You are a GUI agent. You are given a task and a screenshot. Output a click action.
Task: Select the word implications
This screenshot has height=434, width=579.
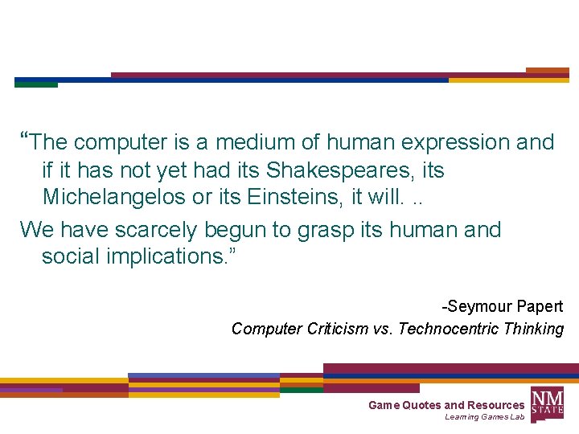click(x=158, y=257)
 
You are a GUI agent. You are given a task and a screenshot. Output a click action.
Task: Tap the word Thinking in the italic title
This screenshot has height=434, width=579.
click(x=534, y=329)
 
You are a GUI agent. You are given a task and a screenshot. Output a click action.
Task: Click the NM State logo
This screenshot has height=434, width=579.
click(x=548, y=403)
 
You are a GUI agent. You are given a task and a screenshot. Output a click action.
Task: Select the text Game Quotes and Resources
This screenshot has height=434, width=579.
click(x=446, y=405)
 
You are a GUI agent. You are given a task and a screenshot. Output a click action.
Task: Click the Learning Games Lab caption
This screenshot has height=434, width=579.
click(x=484, y=417)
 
